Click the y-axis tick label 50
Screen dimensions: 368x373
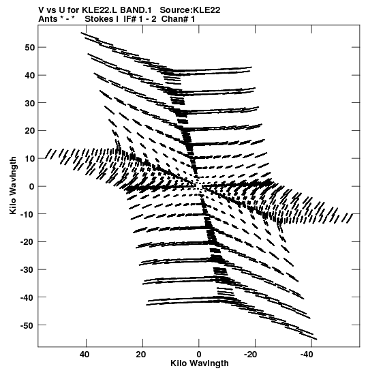(29, 48)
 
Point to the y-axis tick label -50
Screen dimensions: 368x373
(27, 325)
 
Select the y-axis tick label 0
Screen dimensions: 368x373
(32, 187)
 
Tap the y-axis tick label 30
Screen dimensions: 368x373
(29, 103)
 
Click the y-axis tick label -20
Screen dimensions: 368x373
(27, 242)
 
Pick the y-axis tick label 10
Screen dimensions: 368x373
(29, 159)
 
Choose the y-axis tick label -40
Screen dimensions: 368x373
(27, 297)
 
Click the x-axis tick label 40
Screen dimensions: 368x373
(85, 355)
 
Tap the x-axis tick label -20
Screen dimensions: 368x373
(250, 355)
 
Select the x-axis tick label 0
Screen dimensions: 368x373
(199, 355)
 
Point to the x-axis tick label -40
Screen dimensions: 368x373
(307, 355)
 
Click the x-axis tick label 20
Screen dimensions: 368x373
(141, 355)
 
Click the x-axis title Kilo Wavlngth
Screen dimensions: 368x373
(200, 363)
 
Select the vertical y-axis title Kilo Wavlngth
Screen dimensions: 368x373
(13, 185)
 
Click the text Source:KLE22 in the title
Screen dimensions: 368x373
(190, 10)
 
